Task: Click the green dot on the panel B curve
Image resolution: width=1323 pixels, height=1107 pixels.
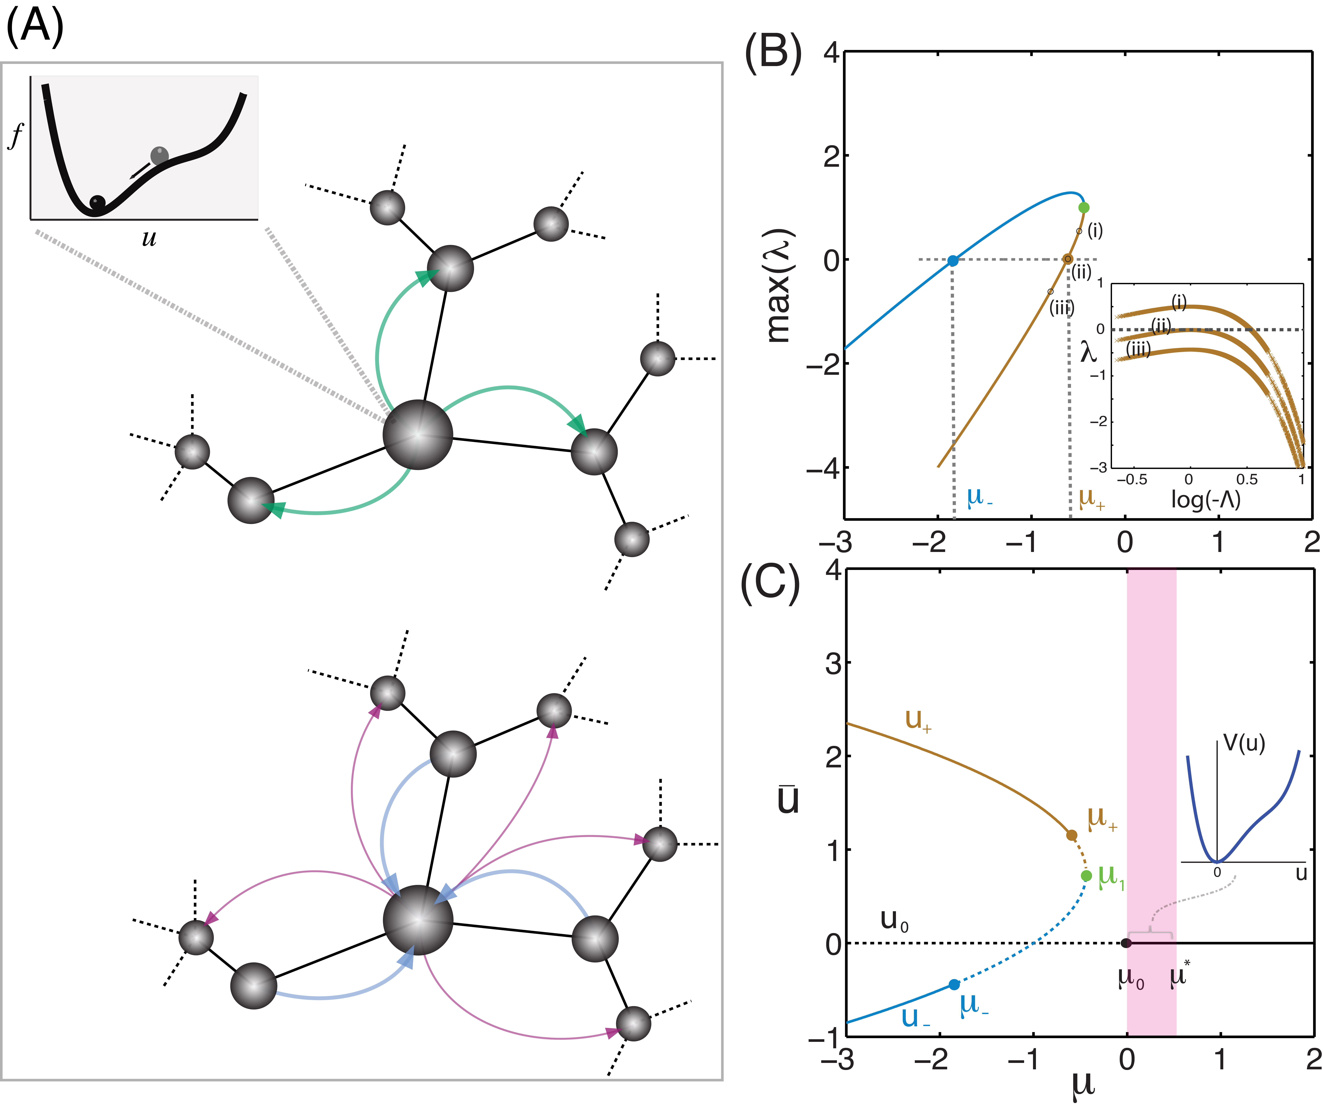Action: click(1084, 207)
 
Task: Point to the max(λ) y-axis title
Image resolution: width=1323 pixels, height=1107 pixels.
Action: click(780, 287)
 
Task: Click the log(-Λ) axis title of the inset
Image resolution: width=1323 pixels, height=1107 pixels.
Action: click(1205, 499)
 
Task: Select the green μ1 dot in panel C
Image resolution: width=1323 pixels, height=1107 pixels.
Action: click(1086, 876)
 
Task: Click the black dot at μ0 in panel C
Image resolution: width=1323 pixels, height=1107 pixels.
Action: click(1126, 943)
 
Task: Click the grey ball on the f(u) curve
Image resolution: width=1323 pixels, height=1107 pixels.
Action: click(159, 155)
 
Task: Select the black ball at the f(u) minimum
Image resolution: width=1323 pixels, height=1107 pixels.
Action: click(98, 203)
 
